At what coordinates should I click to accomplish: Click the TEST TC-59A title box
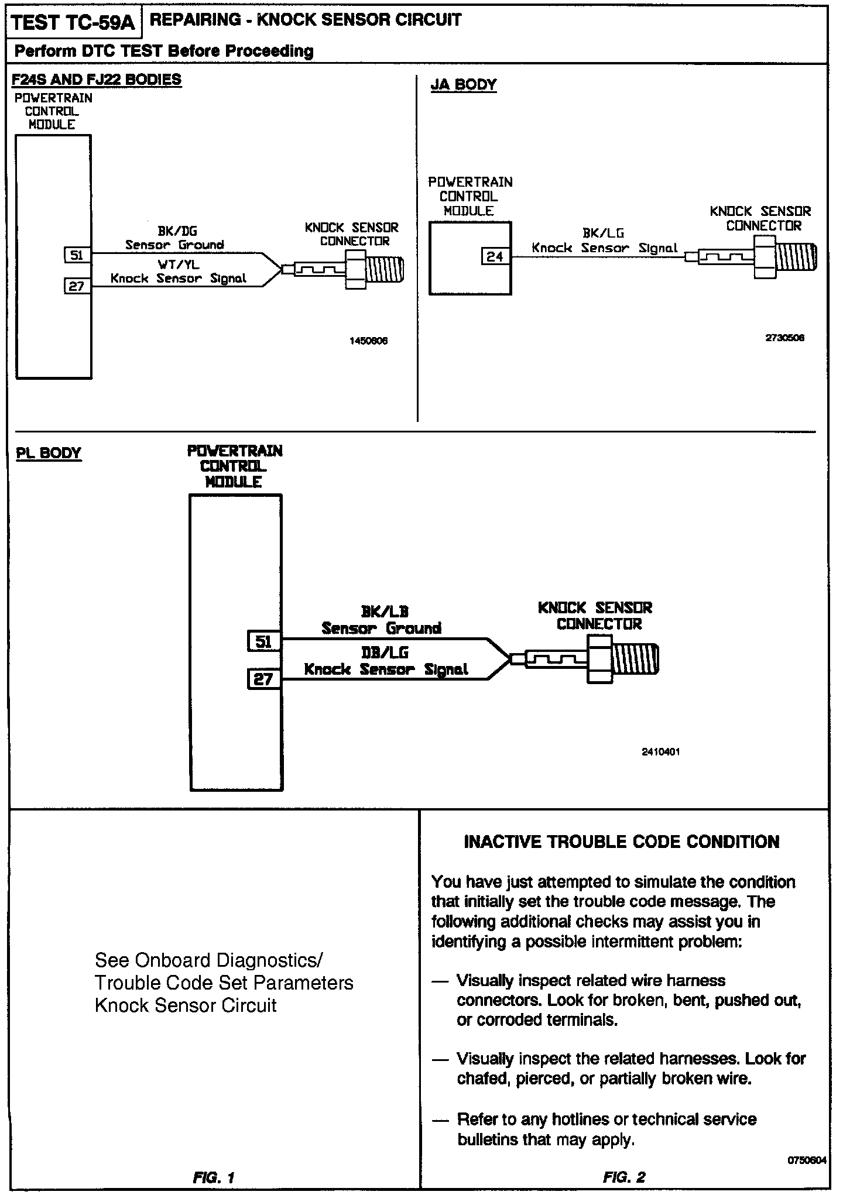click(73, 23)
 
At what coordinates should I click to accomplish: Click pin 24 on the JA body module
click(495, 256)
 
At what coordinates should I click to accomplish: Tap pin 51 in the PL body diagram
click(264, 642)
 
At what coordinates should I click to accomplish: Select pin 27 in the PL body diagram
click(264, 679)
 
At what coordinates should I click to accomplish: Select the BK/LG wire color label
click(604, 233)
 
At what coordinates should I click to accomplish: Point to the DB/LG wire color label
click(385, 653)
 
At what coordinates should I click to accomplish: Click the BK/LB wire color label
click(384, 612)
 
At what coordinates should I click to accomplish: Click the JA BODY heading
click(464, 85)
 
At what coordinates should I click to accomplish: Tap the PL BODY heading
click(49, 453)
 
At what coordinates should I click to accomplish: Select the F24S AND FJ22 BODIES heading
click(97, 80)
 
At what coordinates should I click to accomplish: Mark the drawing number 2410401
click(661, 752)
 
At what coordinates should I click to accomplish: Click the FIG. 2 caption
click(624, 1177)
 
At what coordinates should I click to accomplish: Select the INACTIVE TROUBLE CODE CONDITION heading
click(622, 842)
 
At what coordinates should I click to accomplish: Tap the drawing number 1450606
click(368, 341)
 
